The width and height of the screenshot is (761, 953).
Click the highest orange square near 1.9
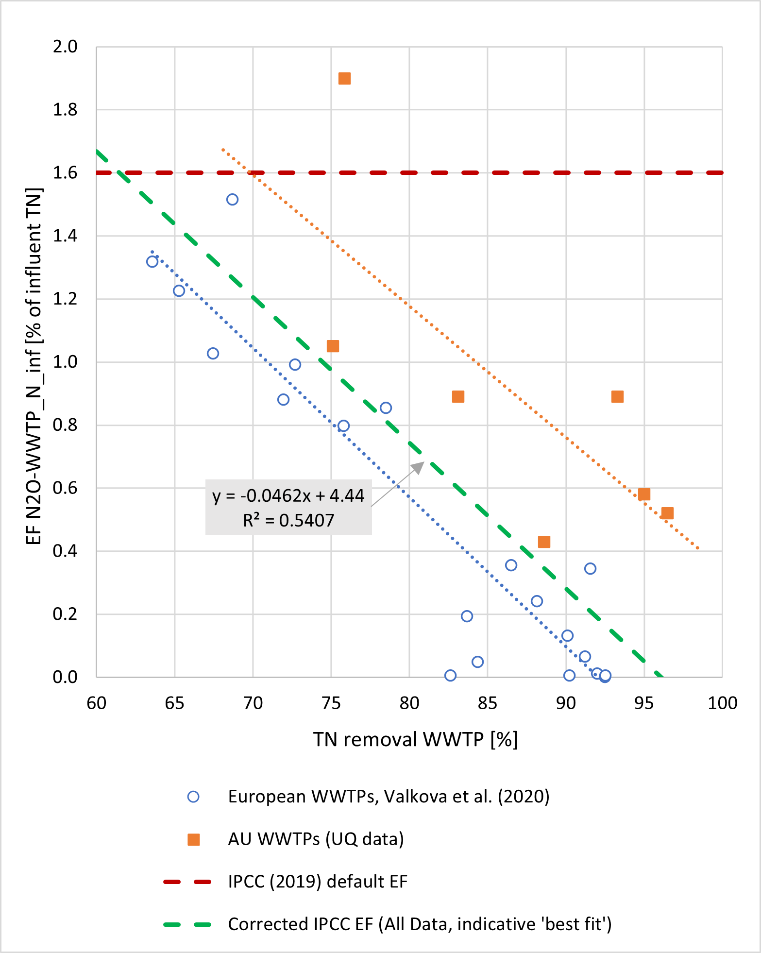click(344, 79)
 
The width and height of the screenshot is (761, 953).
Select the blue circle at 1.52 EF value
click(232, 200)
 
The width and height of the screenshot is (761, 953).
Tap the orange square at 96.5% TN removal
click(667, 513)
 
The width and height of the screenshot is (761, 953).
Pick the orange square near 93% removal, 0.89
click(617, 397)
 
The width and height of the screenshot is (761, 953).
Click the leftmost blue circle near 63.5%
click(152, 262)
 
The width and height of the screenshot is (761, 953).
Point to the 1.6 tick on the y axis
click(65, 173)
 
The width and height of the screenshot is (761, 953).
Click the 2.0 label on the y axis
click(65, 47)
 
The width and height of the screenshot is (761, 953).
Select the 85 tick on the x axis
click(487, 703)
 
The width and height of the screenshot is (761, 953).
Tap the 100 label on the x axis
click(722, 703)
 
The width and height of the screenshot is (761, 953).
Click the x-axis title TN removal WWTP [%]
click(415, 739)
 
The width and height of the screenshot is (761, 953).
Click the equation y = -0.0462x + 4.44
click(288, 495)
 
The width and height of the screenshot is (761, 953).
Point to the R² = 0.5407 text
click(288, 521)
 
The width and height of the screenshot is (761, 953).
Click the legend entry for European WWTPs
click(389, 797)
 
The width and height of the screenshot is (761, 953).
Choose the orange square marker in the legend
click(194, 839)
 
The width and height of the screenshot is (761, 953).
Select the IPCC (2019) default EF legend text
click(318, 882)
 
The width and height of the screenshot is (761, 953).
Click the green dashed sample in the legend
click(187, 924)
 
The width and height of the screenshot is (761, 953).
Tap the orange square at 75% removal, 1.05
click(333, 346)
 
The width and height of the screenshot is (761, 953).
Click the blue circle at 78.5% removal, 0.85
click(386, 408)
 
